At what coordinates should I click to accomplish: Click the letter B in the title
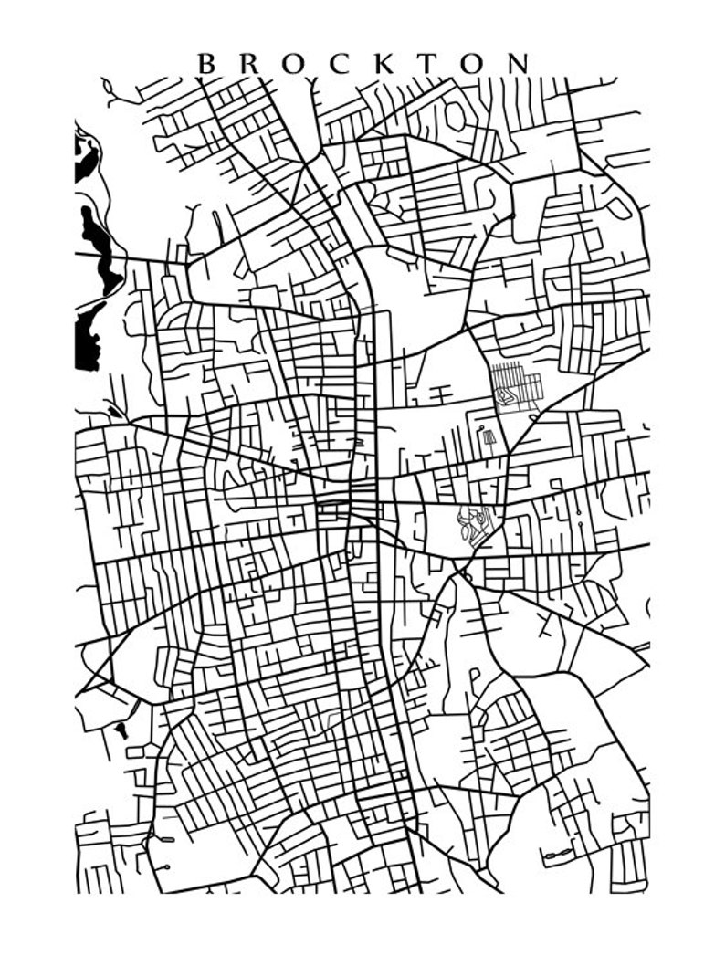[206, 63]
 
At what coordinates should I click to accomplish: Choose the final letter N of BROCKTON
[519, 63]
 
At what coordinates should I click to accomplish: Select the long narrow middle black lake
[98, 247]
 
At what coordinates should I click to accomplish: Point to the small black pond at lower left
[121, 730]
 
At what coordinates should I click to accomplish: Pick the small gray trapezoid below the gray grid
[489, 437]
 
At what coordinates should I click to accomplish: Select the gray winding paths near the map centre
[475, 524]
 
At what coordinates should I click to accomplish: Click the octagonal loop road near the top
[454, 114]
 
